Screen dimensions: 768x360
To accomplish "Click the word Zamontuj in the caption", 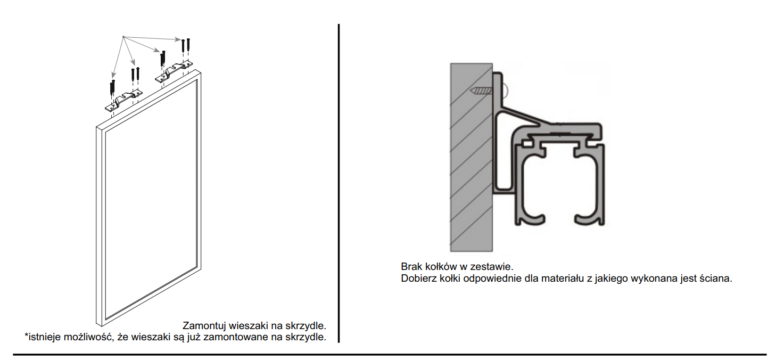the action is [204, 325].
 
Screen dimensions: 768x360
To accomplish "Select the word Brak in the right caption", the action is [411, 267].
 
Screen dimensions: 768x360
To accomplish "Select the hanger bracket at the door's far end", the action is [174, 72].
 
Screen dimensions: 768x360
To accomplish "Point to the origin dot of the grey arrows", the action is [123, 36].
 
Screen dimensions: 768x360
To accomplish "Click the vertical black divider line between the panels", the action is [338, 183].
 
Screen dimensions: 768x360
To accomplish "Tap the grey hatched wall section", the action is [472, 157].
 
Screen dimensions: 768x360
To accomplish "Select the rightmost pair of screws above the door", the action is [186, 45].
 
